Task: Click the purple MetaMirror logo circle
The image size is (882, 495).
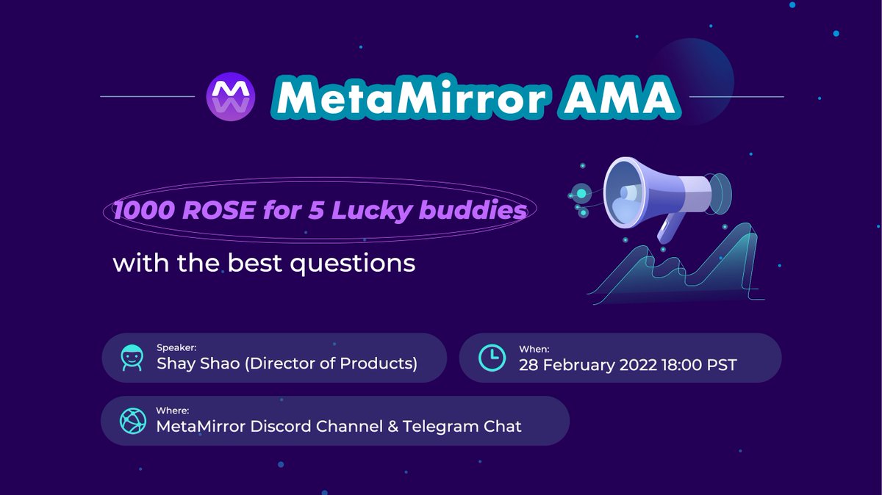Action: [x=231, y=97]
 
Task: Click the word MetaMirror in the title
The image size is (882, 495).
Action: [x=409, y=97]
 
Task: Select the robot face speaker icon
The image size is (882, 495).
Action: [x=132, y=358]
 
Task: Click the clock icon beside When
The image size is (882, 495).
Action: [x=492, y=358]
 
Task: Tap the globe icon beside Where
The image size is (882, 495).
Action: [x=132, y=420]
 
